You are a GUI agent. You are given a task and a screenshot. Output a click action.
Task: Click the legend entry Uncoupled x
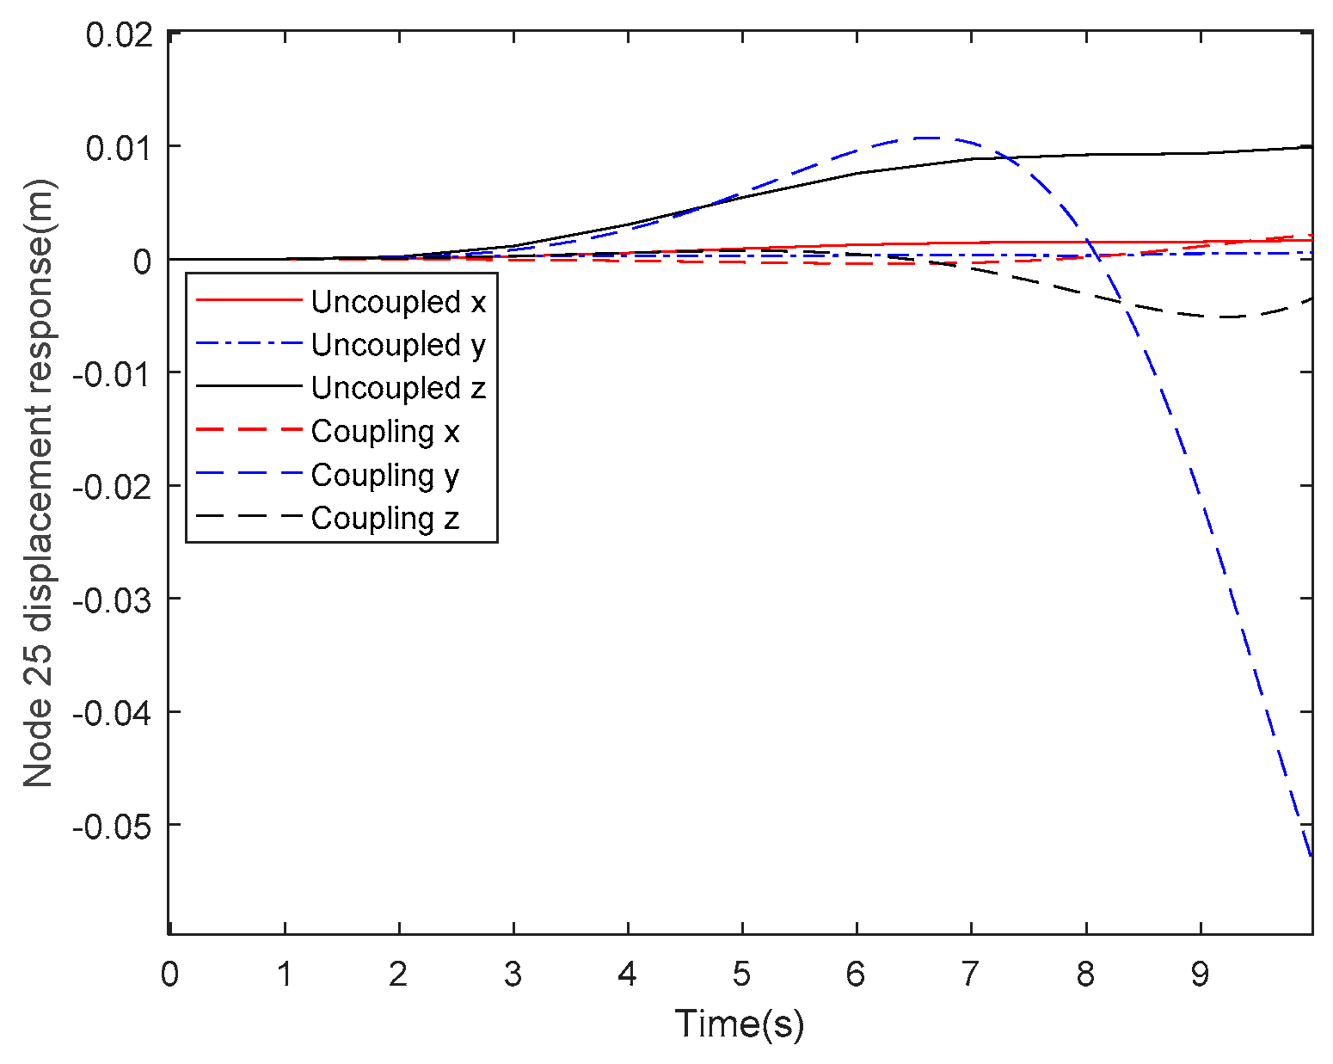pyautogui.click(x=398, y=302)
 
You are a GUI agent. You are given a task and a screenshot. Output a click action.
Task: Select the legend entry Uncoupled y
pyautogui.click(x=398, y=345)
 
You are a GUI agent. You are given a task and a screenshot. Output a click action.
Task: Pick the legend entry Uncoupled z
pyautogui.click(x=398, y=388)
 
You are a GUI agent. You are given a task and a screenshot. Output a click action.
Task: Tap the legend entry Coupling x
pyautogui.click(x=385, y=431)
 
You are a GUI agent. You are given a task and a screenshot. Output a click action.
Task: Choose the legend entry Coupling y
pyautogui.click(x=385, y=475)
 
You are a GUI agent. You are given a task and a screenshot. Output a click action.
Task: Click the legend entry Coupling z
pyautogui.click(x=385, y=518)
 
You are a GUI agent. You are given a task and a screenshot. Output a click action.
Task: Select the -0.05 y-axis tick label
pyautogui.click(x=113, y=826)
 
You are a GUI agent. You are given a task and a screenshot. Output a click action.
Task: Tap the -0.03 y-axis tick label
pyautogui.click(x=113, y=600)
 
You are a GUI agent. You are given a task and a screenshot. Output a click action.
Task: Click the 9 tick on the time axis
pyautogui.click(x=1200, y=975)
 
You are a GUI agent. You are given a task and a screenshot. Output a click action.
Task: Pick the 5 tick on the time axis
pyautogui.click(x=741, y=975)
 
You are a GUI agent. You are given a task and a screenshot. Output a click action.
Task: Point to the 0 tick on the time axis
pyautogui.click(x=169, y=975)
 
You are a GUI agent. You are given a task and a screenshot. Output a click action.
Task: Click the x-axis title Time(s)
pyautogui.click(x=740, y=1024)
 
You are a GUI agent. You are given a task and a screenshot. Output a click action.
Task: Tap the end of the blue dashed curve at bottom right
pyautogui.click(x=1311, y=856)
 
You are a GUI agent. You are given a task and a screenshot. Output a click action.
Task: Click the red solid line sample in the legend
pyautogui.click(x=249, y=300)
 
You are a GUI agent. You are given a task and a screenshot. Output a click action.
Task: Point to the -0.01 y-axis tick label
pyautogui.click(x=113, y=373)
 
